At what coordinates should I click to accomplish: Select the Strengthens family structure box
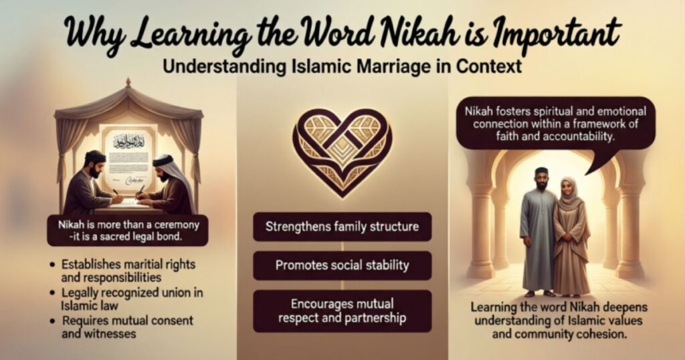tap(342, 226)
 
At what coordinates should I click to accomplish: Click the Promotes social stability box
tap(342, 265)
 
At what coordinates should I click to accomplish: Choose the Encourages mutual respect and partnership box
tap(342, 310)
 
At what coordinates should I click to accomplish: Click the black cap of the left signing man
tap(95, 157)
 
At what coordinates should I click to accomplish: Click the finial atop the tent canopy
tap(128, 82)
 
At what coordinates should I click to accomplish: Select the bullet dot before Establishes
tap(52, 265)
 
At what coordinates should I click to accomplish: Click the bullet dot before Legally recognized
tap(52, 292)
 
